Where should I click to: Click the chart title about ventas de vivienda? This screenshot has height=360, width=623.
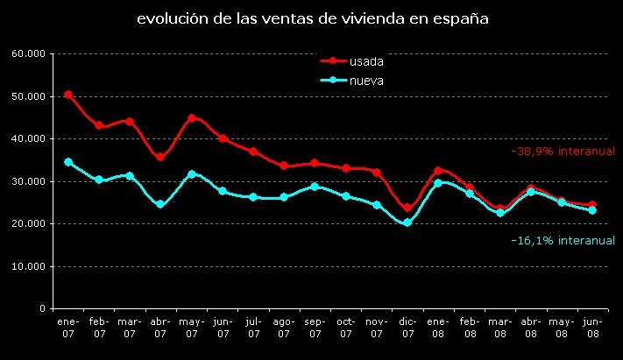click(x=313, y=18)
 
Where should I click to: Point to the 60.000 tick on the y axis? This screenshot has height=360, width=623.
click(x=29, y=54)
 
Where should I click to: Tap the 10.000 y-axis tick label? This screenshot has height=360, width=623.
click(x=29, y=266)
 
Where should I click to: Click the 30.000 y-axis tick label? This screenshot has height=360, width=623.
click(x=29, y=181)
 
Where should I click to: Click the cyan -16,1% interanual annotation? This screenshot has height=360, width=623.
click(x=563, y=239)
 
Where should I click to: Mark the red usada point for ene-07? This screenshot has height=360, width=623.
click(x=68, y=95)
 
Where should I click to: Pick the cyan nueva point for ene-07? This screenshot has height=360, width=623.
click(x=68, y=162)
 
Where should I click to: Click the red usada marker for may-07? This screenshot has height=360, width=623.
click(x=192, y=118)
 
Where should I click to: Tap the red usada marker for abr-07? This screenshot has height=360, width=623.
click(x=160, y=158)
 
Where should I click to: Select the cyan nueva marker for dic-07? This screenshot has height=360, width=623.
click(x=407, y=222)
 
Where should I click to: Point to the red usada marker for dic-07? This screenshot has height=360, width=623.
click(x=407, y=208)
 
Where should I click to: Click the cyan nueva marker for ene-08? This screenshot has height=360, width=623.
click(x=438, y=183)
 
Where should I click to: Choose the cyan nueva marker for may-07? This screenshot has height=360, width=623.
click(x=192, y=174)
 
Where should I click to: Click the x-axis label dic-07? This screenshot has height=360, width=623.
click(x=407, y=328)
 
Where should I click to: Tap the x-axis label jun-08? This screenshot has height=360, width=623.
click(x=592, y=328)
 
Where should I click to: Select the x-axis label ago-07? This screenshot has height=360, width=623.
click(x=284, y=328)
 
